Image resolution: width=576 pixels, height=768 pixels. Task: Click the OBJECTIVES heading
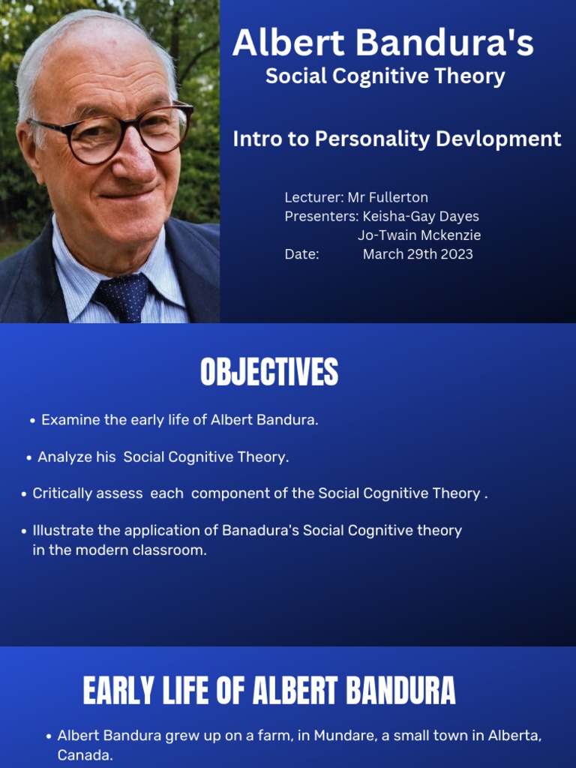(x=269, y=373)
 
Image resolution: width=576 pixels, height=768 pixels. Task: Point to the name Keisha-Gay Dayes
(x=421, y=216)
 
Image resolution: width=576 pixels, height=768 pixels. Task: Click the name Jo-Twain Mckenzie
(x=419, y=235)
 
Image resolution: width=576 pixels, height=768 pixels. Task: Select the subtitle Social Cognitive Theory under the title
(x=385, y=76)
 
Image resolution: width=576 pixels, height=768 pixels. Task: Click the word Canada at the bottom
(x=85, y=754)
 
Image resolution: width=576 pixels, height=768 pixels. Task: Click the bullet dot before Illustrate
(x=24, y=531)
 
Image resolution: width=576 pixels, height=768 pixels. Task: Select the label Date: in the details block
(x=301, y=253)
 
